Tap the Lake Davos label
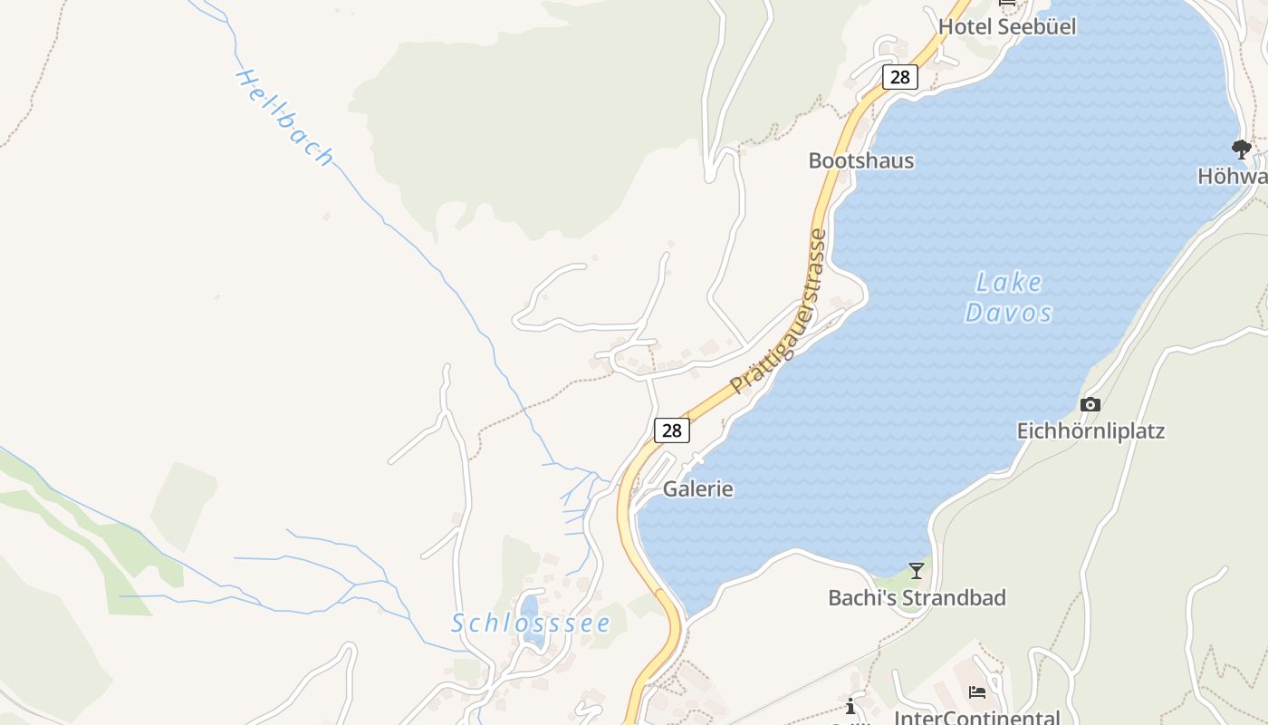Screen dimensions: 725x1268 tap(1008, 298)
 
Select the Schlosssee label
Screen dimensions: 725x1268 tap(531, 623)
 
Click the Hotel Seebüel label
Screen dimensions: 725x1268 tap(1007, 26)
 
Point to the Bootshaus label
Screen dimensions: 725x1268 tap(861, 160)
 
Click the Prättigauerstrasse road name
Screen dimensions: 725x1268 tap(779, 313)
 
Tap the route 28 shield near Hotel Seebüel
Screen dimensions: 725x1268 tap(899, 77)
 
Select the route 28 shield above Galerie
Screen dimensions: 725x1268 tap(671, 430)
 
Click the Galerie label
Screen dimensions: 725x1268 tap(698, 488)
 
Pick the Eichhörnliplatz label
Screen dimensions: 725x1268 tap(1090, 430)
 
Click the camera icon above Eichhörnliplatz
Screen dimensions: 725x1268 tap(1090, 404)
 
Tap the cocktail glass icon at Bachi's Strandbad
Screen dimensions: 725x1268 tap(917, 570)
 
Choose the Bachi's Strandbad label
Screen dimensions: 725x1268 tap(917, 598)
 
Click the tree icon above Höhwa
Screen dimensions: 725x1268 tap(1242, 149)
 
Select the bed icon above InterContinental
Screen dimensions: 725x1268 tap(977, 692)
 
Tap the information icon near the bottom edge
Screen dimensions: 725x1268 tap(850, 706)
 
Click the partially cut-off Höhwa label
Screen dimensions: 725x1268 tap(1233, 176)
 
